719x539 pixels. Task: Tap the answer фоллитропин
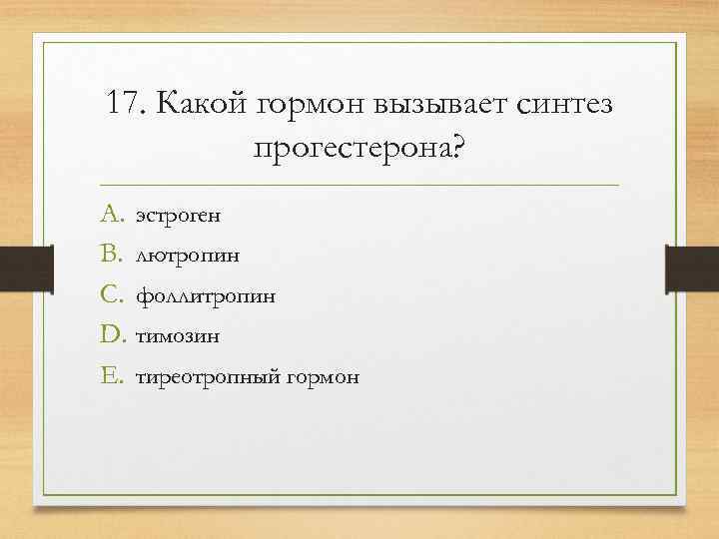205,296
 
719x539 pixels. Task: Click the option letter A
109,213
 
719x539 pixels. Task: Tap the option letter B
109,254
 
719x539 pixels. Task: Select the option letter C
109,294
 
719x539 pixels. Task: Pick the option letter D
110,335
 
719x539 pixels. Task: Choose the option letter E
109,376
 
